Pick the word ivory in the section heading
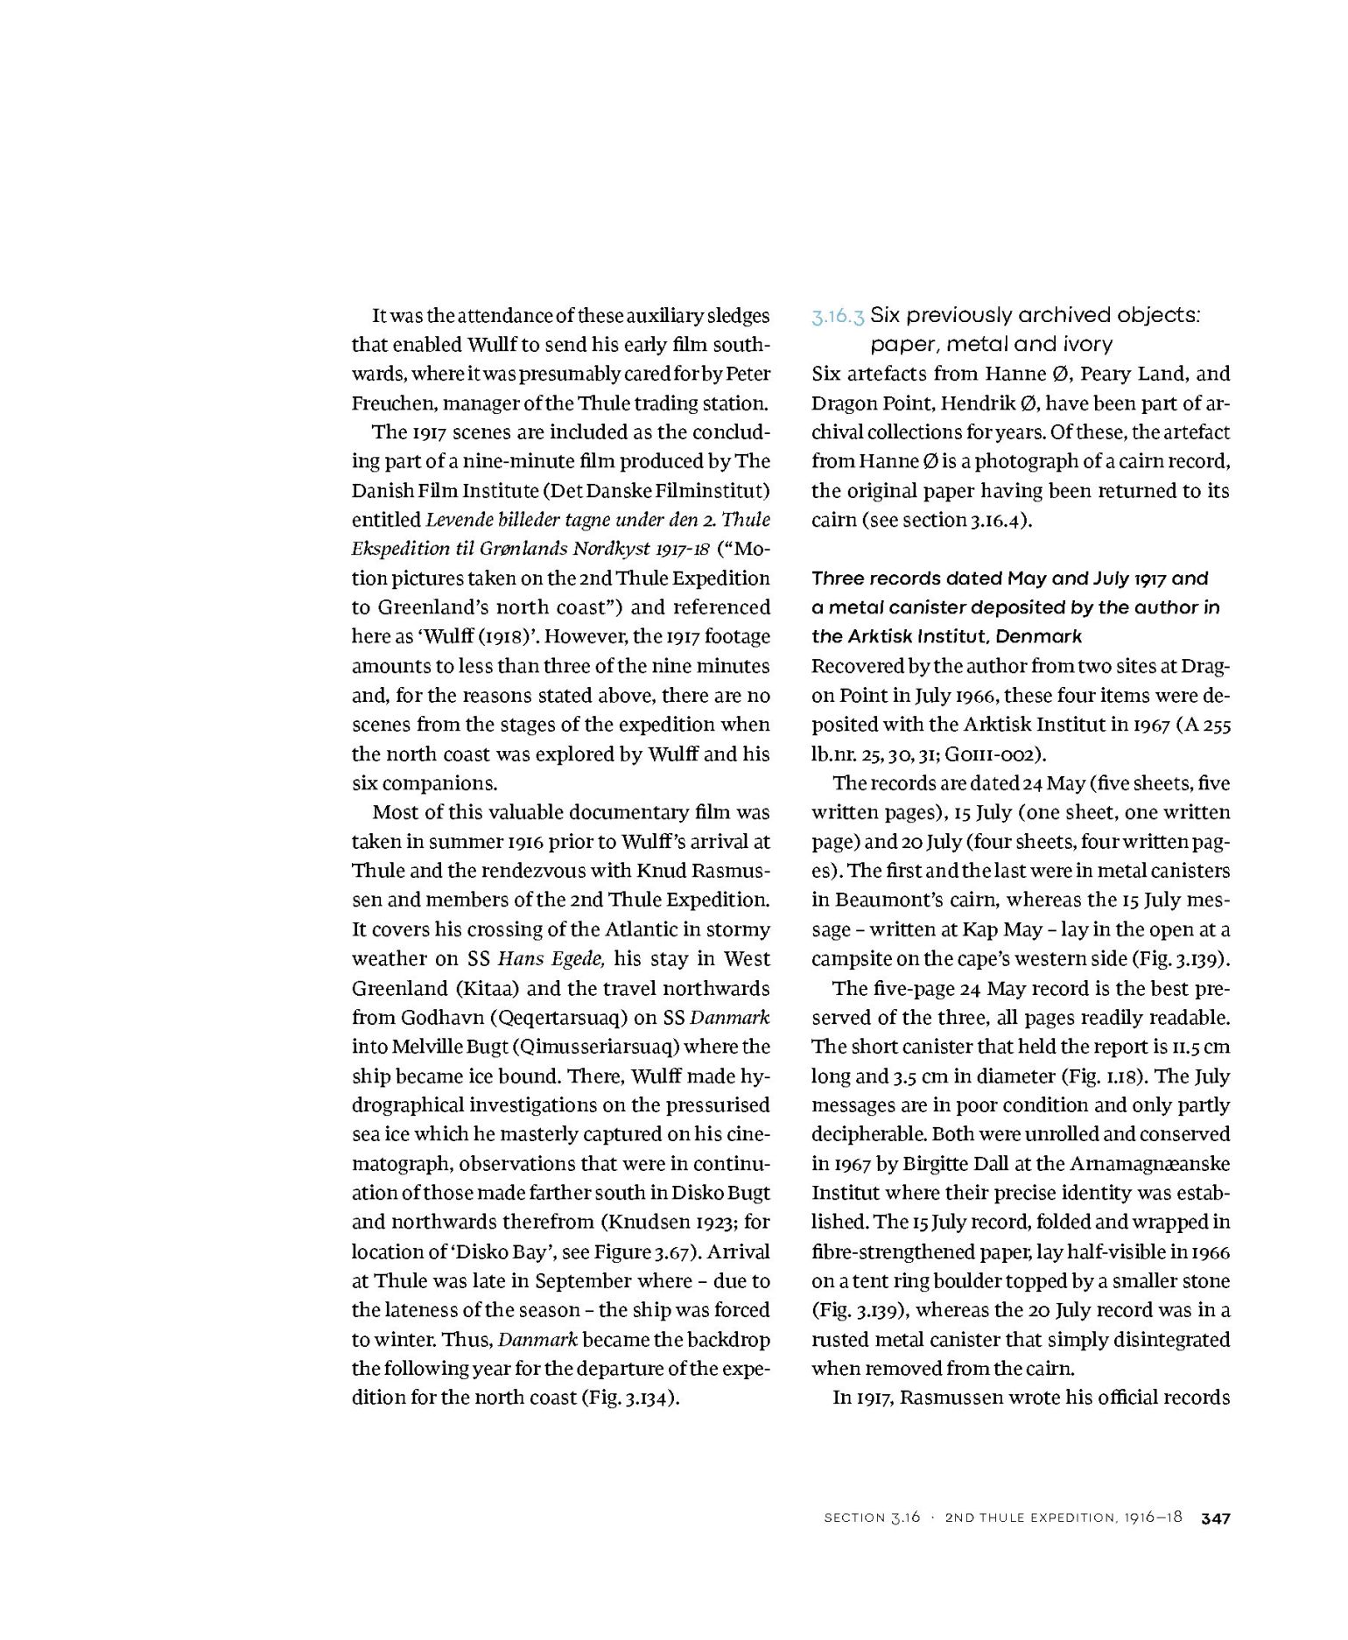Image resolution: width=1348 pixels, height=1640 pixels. coord(1083,345)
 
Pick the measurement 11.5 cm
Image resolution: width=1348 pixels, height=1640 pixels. coord(1202,1047)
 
